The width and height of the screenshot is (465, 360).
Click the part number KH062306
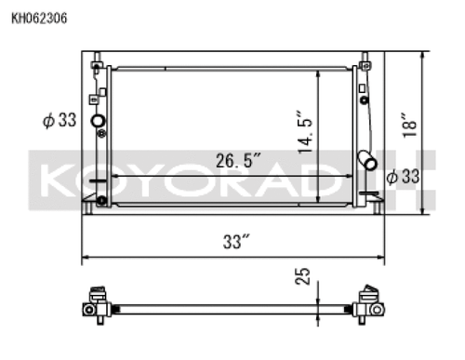click(x=38, y=17)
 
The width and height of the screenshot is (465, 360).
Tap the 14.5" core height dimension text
click(x=303, y=131)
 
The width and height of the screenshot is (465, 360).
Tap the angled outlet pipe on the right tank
click(x=370, y=161)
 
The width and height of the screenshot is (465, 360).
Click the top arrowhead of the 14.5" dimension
click(x=319, y=71)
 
